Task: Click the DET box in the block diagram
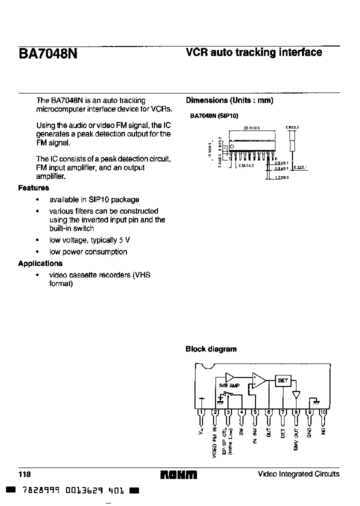tap(282, 381)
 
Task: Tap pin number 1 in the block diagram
tap(202, 412)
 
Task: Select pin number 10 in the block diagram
tap(323, 412)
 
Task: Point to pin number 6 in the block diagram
tap(269, 412)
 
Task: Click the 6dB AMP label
tap(229, 386)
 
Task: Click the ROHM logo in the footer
tap(178, 474)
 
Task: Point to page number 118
tap(24, 474)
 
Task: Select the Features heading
tap(33, 188)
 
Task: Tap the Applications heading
tap(40, 263)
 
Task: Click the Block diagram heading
tap(211, 349)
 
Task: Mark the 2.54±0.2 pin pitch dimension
tap(246, 165)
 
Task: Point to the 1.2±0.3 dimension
tap(281, 177)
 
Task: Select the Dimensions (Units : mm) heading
tap(229, 100)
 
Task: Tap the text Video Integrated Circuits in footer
tap(298, 474)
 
